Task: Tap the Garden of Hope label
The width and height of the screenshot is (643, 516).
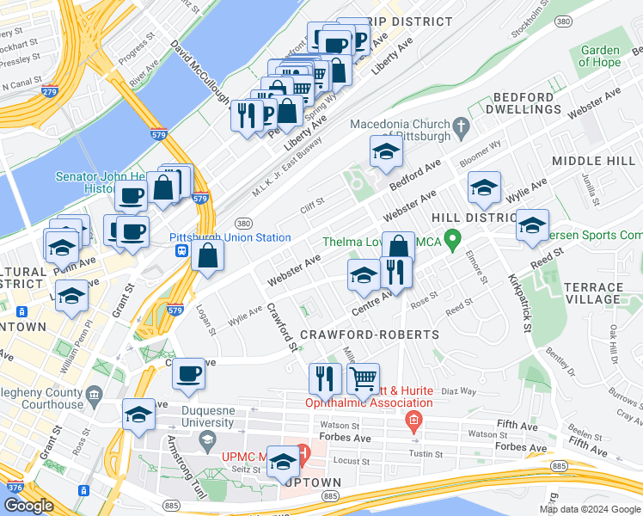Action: [599, 56]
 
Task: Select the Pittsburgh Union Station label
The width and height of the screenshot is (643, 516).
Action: [230, 237]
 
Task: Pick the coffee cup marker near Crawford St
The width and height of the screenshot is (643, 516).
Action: [188, 373]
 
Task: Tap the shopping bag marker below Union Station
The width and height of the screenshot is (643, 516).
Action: [208, 255]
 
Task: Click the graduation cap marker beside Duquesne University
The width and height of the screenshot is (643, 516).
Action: [138, 415]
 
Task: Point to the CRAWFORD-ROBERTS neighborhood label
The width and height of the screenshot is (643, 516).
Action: [369, 334]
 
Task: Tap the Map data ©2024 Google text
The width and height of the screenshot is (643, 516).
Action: [589, 509]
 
